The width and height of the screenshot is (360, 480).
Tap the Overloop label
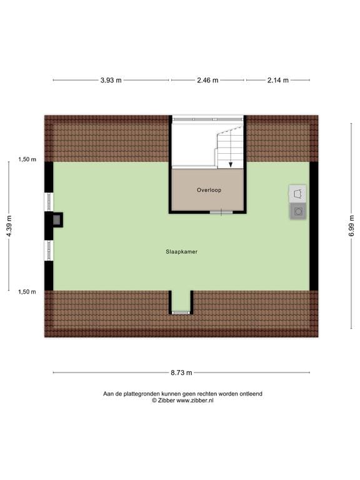pos(209,189)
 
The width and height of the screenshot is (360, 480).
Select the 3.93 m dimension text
pos(111,80)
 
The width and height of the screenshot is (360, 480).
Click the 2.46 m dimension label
pos(207,80)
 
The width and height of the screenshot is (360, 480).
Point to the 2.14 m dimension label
pos(277,80)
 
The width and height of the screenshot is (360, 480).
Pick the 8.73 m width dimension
pos(181,372)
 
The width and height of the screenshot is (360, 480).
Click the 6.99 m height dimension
pos(351,222)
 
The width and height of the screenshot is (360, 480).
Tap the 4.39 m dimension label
pos(9,226)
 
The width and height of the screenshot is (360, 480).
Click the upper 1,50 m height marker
pos(27,159)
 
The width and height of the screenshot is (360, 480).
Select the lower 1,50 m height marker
pos(27,291)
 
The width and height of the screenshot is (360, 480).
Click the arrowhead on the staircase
pos(231,164)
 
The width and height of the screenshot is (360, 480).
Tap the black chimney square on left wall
pos(57,219)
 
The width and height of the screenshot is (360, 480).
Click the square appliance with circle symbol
pos(298,211)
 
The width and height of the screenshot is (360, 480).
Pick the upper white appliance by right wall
pos(298,193)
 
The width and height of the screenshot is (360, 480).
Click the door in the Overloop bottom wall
pos(221,212)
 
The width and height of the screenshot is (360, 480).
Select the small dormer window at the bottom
pos(181,312)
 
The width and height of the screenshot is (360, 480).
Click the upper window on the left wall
pos(49,201)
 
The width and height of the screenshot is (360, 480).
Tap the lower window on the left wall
pos(49,250)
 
